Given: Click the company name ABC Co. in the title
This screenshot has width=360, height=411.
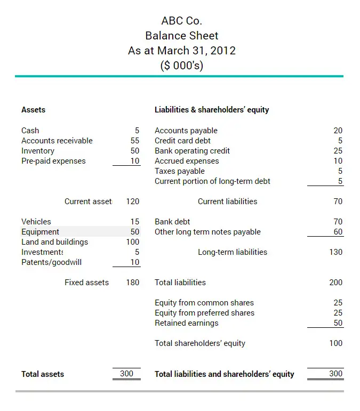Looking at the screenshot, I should click(x=181, y=21).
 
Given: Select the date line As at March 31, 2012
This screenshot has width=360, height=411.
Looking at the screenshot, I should click(x=181, y=51).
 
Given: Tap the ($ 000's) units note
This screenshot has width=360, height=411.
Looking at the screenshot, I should click(x=181, y=66).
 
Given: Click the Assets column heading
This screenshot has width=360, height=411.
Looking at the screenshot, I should click(x=33, y=110).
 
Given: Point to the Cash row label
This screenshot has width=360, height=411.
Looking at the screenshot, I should click(x=30, y=131).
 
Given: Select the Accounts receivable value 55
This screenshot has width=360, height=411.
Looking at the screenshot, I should click(x=134, y=141).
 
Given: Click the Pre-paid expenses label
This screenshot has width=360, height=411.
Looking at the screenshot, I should click(x=53, y=161).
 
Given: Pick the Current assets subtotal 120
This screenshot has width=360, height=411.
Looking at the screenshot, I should click(x=133, y=202).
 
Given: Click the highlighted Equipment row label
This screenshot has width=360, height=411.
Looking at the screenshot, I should click(x=40, y=232).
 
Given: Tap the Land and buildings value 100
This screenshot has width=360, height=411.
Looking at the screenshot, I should click(x=132, y=242).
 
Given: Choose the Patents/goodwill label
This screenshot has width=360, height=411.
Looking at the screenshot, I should click(x=51, y=262).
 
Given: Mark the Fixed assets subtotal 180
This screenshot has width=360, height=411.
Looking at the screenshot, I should click(x=133, y=283).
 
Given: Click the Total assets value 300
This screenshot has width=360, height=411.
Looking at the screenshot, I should click(x=126, y=374).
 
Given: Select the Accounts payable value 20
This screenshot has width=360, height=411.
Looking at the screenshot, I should click(x=338, y=131).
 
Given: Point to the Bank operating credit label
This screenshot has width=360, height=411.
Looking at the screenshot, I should click(x=192, y=151).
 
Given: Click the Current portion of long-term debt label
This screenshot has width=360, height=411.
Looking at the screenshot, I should click(x=212, y=181).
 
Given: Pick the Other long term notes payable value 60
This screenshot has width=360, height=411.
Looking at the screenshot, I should click(x=338, y=232).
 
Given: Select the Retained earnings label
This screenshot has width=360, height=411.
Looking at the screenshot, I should click(x=186, y=323).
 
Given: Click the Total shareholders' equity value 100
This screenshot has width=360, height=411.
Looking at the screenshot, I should click(x=335, y=343).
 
